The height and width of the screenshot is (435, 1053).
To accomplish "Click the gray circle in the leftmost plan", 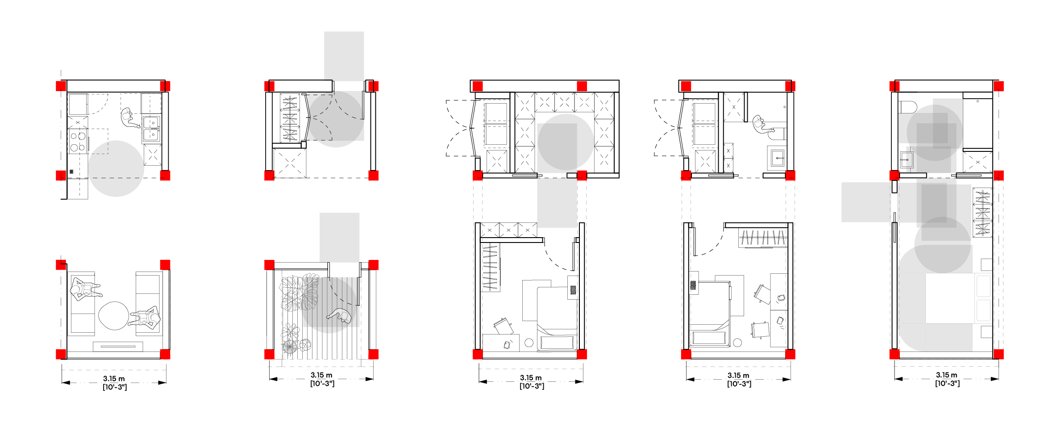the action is coord(116,169).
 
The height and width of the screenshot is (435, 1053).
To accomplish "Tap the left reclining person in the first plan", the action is coord(85,289).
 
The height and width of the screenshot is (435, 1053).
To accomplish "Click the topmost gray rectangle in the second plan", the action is coord(344,56).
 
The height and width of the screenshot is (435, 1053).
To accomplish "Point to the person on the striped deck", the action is coord(341,315).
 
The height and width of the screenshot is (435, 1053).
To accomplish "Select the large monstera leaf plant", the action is coord(291,293).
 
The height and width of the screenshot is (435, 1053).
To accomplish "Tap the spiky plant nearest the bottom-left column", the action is coord(289,346).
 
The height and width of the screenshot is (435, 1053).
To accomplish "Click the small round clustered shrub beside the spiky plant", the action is coord(305,344).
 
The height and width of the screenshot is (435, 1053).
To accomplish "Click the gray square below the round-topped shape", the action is coord(557,203).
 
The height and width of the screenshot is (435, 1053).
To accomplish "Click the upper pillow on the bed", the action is coord(983,286).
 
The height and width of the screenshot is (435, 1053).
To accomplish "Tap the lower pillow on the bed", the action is coord(983,310).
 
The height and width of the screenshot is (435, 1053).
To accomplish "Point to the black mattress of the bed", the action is coord(949,298).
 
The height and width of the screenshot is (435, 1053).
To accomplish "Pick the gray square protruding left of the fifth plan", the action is coord(866,202).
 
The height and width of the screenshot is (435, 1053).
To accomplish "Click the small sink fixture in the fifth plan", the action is coord(909,159).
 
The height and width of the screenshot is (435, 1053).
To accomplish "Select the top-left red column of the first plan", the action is coord(61,86).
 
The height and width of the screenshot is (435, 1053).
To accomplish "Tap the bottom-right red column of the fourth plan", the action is coord(790,355).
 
